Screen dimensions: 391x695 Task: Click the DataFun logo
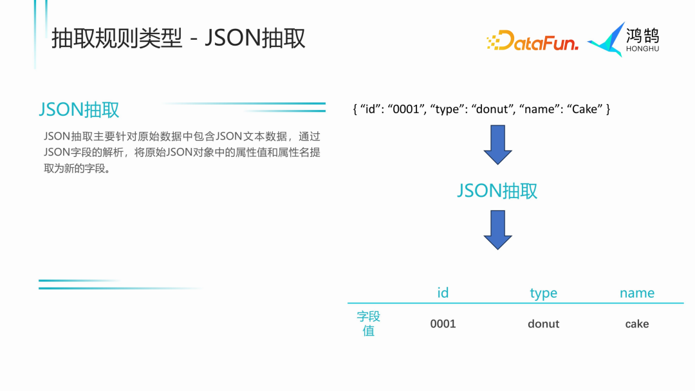(532, 41)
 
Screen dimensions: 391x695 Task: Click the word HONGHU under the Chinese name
(642, 48)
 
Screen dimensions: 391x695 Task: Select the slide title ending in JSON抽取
(178, 39)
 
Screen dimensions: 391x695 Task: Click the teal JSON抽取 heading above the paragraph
(79, 109)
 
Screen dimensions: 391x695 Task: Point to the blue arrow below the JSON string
(497, 144)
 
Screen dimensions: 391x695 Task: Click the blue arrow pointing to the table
(497, 230)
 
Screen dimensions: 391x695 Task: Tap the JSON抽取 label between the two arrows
(497, 190)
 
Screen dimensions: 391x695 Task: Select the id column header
(443, 293)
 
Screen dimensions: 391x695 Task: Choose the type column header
(543, 293)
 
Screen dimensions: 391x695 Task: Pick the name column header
(636, 293)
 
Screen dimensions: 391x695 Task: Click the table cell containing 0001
(443, 324)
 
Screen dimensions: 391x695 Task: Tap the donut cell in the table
(543, 324)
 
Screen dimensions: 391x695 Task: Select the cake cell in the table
(636, 324)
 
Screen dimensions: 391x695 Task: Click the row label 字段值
(369, 323)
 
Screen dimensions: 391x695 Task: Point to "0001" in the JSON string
(405, 109)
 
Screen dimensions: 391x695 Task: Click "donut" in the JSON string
(492, 109)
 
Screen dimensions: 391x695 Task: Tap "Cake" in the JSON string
(584, 109)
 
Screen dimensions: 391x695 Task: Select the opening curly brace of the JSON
(355, 109)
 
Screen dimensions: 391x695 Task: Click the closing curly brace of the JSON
(607, 109)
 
